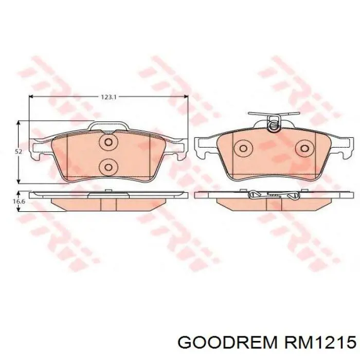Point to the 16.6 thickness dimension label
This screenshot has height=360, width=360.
(x=18, y=202)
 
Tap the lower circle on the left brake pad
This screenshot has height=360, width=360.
(x=108, y=166)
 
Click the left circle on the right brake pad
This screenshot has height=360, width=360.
(x=243, y=148)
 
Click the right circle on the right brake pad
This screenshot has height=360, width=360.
(x=303, y=148)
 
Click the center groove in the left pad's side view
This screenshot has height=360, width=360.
(x=109, y=204)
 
